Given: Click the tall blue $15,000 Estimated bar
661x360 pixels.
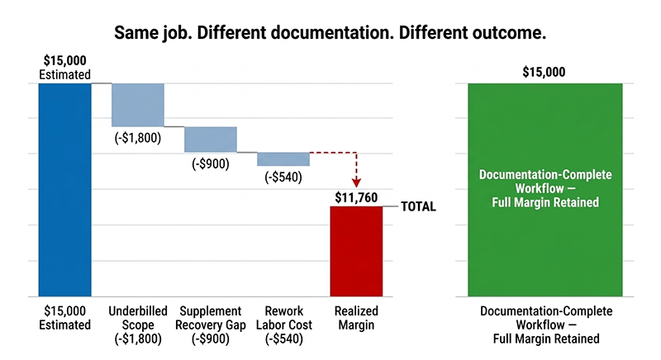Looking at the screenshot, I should (64, 189).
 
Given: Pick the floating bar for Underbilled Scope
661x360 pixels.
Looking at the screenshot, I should (138, 105).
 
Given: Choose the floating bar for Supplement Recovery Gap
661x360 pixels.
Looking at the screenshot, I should (211, 139).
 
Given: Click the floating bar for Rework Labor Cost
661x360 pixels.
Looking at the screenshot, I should (283, 159).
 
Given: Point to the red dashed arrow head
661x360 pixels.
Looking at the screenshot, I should (356, 182).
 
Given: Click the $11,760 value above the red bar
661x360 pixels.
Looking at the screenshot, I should (357, 197).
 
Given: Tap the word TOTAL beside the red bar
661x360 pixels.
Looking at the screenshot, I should (418, 207).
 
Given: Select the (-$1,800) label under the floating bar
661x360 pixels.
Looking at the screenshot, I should (138, 139).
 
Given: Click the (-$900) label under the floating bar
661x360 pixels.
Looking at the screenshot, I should (211, 163).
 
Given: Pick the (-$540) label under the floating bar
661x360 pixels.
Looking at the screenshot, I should (283, 177).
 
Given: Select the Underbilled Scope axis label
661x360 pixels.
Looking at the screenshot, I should (138, 324).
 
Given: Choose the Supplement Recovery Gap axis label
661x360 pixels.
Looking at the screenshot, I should (211, 324).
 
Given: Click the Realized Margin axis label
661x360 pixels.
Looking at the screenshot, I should (356, 318).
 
